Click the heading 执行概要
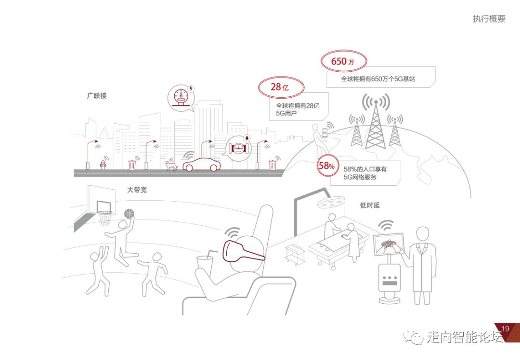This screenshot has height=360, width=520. click(489, 19)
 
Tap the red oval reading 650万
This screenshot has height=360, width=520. click(343, 61)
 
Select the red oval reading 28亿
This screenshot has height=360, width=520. click(281, 87)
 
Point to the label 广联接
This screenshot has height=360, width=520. click(97, 96)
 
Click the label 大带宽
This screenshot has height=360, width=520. click(137, 190)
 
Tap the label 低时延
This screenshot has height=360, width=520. click(370, 205)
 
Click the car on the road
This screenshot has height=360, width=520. click(202, 165)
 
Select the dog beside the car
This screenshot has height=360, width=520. click(171, 165)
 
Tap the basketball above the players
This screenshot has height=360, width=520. click(129, 213)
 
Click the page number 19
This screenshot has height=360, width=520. click(505, 329)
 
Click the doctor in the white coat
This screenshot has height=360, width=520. click(422, 265)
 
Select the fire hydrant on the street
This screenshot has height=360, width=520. click(102, 164)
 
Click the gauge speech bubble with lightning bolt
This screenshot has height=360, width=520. click(181, 97)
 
